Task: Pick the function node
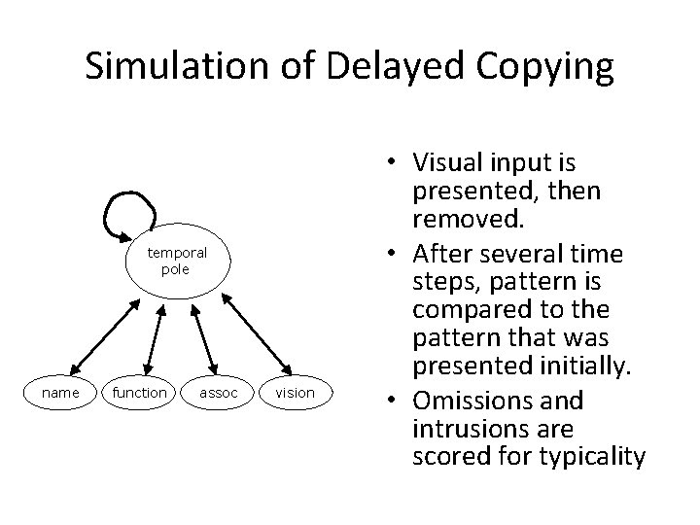pyautogui.click(x=139, y=393)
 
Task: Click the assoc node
pyautogui.click(x=218, y=393)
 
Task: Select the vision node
pyautogui.click(x=295, y=393)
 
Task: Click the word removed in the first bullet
pyautogui.click(x=470, y=219)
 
